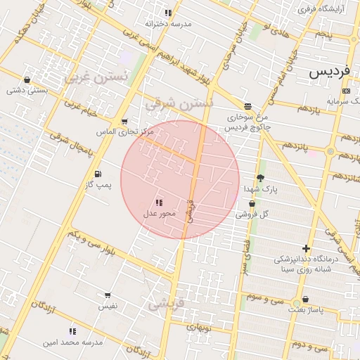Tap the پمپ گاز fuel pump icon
click(97, 174)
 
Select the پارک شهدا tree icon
click(261, 179)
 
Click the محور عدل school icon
click(158, 202)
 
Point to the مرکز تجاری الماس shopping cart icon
click(124, 122)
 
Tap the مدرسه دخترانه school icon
click(167, 13)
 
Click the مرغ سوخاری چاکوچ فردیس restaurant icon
click(247, 106)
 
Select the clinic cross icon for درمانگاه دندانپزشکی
click(306, 248)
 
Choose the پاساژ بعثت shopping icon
click(304, 299)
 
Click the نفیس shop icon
click(108, 296)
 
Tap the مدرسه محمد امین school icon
click(72, 331)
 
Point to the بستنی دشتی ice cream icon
click(14, 79)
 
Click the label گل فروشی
click(255, 214)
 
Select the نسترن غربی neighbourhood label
click(96, 77)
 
